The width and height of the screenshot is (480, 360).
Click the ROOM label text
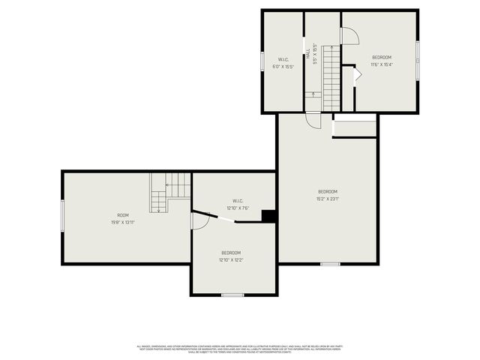point(115,215)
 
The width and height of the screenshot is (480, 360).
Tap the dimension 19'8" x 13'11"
point(115,222)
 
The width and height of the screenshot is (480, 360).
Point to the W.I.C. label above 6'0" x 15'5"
point(283,59)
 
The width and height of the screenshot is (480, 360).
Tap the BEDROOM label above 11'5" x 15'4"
point(382,57)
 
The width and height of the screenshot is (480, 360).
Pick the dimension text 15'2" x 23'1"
point(328,199)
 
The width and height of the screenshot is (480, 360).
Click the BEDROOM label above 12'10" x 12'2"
point(231,253)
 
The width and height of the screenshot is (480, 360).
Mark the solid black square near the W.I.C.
point(268,216)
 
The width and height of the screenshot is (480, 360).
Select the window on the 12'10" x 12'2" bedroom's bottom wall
point(232,295)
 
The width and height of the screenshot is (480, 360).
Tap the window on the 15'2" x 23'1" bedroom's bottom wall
point(330,263)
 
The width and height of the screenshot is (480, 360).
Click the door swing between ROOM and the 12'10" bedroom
point(199,220)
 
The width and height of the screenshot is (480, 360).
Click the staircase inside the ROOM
point(169,191)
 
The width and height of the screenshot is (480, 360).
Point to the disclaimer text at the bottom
point(239,348)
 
